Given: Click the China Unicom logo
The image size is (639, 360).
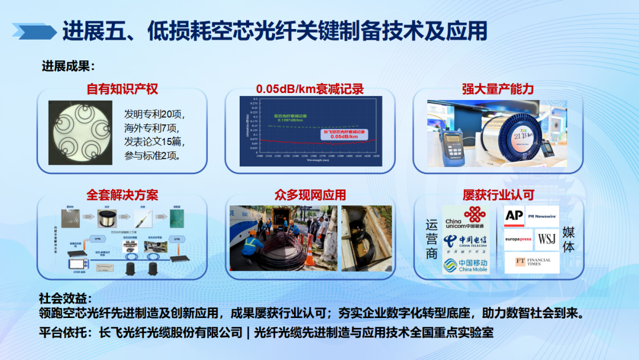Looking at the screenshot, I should tap(466, 217).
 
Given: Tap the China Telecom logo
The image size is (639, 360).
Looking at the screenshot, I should tap(466, 242).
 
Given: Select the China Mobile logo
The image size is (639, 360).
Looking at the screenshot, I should tap(466, 264).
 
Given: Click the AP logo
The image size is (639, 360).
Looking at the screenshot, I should tap(514, 216).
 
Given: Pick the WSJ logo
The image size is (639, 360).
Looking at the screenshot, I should tap(547, 240).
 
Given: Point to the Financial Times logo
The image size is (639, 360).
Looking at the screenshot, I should tap(532, 262).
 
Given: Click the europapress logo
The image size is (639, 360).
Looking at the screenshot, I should tap(517, 240).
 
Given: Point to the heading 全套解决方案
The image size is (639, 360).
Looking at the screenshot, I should tap(122, 195).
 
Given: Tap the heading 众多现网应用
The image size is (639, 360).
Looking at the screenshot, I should tap(310, 195).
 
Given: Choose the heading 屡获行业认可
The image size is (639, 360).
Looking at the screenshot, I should tap(498, 195).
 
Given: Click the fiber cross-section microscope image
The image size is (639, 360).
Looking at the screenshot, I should tap(80, 131).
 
